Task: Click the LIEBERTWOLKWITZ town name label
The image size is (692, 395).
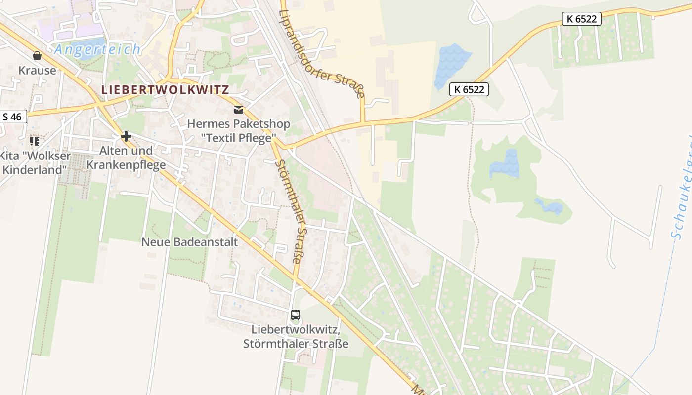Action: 165,90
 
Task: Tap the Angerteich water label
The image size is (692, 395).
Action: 98,49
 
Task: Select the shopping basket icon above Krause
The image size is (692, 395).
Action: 37,56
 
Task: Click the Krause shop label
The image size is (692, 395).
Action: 37,70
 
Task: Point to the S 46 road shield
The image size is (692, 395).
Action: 12,117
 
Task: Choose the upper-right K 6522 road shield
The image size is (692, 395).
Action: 582,19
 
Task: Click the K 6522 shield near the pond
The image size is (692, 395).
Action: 469,89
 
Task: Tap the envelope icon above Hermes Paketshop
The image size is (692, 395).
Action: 239,110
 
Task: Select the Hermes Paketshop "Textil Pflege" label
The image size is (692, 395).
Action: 239,131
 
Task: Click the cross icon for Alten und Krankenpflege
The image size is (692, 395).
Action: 126,136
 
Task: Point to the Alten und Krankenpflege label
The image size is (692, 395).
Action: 126,158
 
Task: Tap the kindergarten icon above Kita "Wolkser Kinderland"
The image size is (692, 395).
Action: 35,141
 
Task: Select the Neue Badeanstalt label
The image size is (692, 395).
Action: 189,242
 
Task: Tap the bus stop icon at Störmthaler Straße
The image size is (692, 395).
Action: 296,315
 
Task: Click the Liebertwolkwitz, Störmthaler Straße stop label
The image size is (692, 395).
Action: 296,336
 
